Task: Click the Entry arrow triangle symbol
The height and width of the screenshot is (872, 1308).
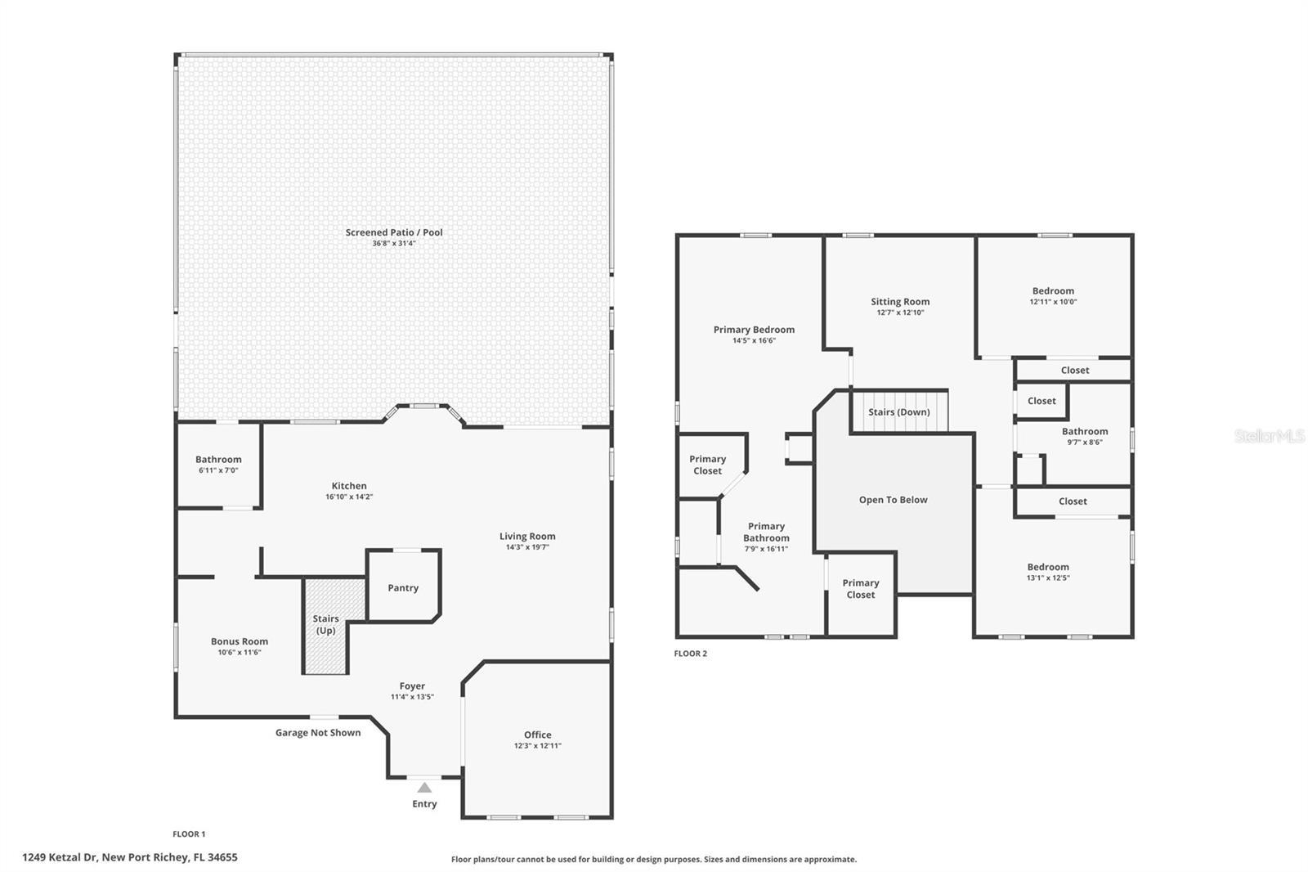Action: pyautogui.click(x=424, y=788)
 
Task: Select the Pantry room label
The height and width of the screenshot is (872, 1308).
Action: pyautogui.click(x=403, y=588)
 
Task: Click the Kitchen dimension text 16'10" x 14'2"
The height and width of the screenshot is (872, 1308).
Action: pyautogui.click(x=349, y=497)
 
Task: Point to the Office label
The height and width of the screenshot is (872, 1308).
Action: pyautogui.click(x=538, y=735)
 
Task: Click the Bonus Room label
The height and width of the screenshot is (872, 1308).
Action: pyautogui.click(x=240, y=641)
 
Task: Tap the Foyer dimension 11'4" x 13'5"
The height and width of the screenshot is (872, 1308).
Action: pyautogui.click(x=412, y=697)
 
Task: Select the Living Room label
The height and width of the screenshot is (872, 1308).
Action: pyautogui.click(x=527, y=537)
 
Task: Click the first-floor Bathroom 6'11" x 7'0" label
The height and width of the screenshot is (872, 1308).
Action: pyautogui.click(x=218, y=460)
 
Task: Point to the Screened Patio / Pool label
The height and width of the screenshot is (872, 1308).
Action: pyautogui.click(x=394, y=232)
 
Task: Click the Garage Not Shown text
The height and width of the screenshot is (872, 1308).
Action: pyautogui.click(x=318, y=733)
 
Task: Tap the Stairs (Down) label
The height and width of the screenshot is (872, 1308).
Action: pyautogui.click(x=899, y=412)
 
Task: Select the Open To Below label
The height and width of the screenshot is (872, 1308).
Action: pyautogui.click(x=893, y=500)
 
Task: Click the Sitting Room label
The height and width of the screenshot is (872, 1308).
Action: pyautogui.click(x=900, y=302)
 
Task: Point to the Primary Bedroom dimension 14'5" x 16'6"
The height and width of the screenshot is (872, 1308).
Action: pyautogui.click(x=754, y=340)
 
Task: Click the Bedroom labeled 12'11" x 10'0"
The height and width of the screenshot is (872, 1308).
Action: pyautogui.click(x=1053, y=291)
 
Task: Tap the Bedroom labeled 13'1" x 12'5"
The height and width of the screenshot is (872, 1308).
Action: pyautogui.click(x=1048, y=567)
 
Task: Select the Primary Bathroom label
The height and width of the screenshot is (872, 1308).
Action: pyautogui.click(x=766, y=532)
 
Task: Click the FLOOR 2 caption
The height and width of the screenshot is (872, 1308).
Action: pyautogui.click(x=691, y=654)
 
